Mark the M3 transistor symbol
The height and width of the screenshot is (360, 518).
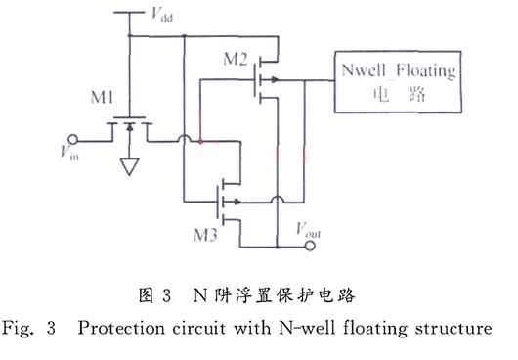(227, 198)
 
